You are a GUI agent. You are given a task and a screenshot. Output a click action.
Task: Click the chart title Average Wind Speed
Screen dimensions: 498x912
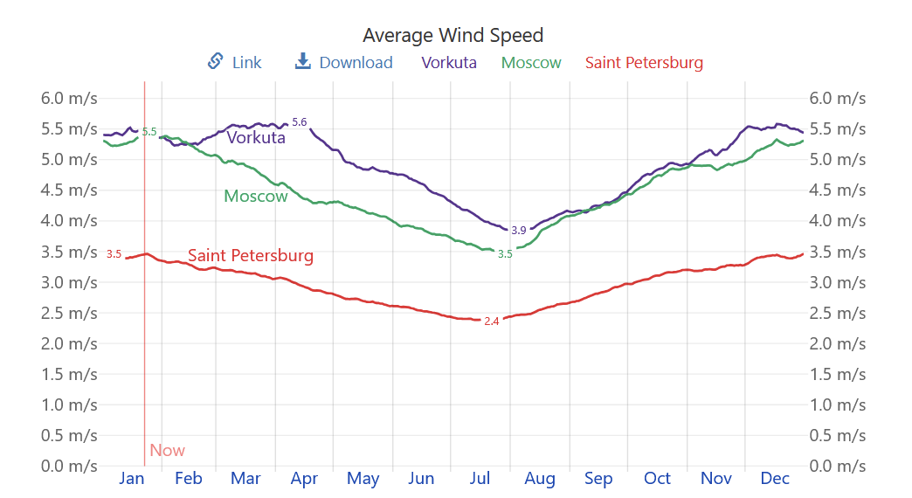(453, 35)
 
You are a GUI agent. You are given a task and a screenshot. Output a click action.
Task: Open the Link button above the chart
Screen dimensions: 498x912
(235, 62)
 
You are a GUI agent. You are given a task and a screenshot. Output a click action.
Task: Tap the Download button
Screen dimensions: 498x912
(344, 62)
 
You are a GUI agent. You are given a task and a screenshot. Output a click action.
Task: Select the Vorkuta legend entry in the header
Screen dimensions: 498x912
(449, 62)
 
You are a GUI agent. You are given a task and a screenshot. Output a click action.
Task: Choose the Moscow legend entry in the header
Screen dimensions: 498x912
(531, 62)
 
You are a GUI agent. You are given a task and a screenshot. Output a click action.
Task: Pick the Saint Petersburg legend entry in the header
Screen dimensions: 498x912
(644, 62)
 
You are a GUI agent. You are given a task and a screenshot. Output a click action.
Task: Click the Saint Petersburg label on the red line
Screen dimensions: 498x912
(251, 256)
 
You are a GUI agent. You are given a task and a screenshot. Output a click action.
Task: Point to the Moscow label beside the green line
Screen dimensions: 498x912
(256, 197)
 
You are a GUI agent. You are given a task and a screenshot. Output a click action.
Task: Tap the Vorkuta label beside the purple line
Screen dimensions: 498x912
(256, 137)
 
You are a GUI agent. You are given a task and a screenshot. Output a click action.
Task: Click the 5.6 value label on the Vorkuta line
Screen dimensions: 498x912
(300, 122)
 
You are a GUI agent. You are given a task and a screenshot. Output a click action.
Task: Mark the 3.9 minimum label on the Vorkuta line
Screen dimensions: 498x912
(519, 231)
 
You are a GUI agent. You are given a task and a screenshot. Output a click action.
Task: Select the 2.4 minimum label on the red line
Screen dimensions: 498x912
(492, 322)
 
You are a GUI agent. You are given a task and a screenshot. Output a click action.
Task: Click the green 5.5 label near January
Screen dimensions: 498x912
(149, 132)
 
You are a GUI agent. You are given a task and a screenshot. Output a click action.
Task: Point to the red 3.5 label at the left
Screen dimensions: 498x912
(114, 254)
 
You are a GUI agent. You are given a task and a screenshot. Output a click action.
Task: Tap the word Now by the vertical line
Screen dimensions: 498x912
(167, 451)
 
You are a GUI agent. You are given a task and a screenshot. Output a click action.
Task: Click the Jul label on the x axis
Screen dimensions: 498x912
(480, 478)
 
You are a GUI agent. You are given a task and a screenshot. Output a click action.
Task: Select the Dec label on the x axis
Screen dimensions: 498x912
(775, 478)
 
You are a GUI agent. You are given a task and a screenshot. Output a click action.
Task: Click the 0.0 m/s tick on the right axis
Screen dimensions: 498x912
(838, 466)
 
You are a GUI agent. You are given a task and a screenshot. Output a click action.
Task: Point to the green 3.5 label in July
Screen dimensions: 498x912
(505, 254)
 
